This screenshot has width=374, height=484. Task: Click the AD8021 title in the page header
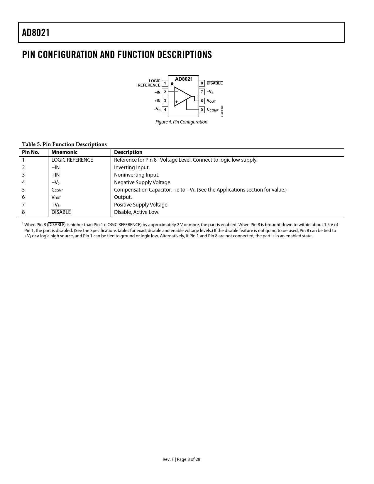[36, 33]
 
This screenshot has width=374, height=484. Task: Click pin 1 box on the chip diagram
[165, 83]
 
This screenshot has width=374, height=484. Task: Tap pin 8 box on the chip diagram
[202, 83]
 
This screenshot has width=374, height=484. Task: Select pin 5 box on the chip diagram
[202, 110]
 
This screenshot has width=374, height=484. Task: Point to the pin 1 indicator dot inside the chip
[172, 84]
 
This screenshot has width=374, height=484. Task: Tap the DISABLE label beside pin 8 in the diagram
[215, 83]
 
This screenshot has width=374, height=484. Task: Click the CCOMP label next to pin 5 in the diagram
[213, 110]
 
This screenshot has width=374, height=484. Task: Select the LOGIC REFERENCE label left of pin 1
[149, 83]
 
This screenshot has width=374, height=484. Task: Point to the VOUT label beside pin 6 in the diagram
[211, 101]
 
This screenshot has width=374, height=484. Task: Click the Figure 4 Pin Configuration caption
[181, 122]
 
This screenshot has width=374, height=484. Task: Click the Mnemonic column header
[65, 152]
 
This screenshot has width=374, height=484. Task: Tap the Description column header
[128, 152]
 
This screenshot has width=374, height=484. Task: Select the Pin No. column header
[31, 152]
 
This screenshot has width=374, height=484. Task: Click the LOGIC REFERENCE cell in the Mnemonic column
[72, 160]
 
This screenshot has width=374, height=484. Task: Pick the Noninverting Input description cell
[137, 175]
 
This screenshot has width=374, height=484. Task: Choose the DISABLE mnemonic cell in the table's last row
[61, 212]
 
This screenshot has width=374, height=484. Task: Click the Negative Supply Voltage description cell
[143, 182]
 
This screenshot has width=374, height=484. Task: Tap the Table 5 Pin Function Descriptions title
[64, 144]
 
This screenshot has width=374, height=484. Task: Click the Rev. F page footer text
[181, 459]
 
